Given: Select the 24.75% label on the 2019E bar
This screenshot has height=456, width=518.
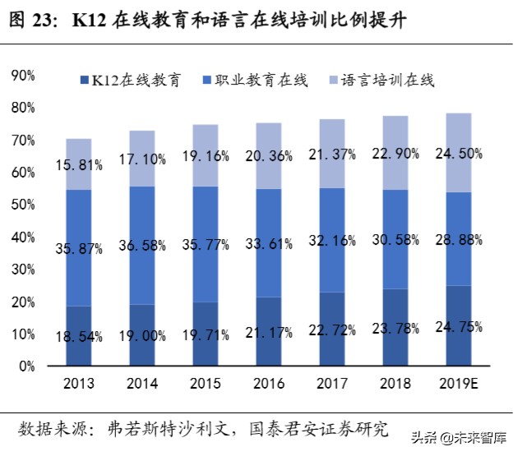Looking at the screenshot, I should [x=459, y=325].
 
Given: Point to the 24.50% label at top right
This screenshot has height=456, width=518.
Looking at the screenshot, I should [x=459, y=153].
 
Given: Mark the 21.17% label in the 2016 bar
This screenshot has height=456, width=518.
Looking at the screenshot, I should [x=269, y=332].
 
